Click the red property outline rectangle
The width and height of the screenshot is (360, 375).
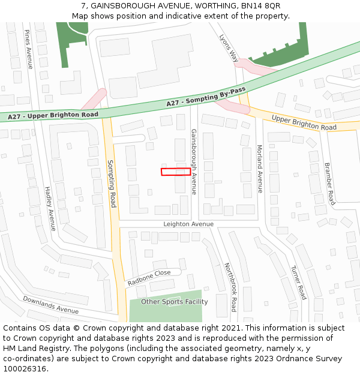[x=176, y=172]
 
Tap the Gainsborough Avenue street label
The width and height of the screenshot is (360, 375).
[x=194, y=161]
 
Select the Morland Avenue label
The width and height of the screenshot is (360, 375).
[x=260, y=169]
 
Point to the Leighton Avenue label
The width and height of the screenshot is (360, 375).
[x=188, y=224]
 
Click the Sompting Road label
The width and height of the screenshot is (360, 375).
[x=111, y=184]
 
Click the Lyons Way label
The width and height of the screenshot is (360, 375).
[x=229, y=48]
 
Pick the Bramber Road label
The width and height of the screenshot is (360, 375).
[x=330, y=183]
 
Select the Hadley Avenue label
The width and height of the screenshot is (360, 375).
[x=50, y=208]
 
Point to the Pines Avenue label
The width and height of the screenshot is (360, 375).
[x=28, y=49]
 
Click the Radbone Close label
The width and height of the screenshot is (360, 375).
[x=149, y=277]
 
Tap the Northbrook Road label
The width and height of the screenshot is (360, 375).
[x=230, y=286]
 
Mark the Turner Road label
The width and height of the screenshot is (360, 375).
[x=298, y=283]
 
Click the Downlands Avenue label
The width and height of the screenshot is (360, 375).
[x=50, y=305]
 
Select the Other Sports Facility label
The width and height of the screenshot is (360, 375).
[x=175, y=302]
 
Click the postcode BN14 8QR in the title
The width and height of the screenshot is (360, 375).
[x=258, y=5]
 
